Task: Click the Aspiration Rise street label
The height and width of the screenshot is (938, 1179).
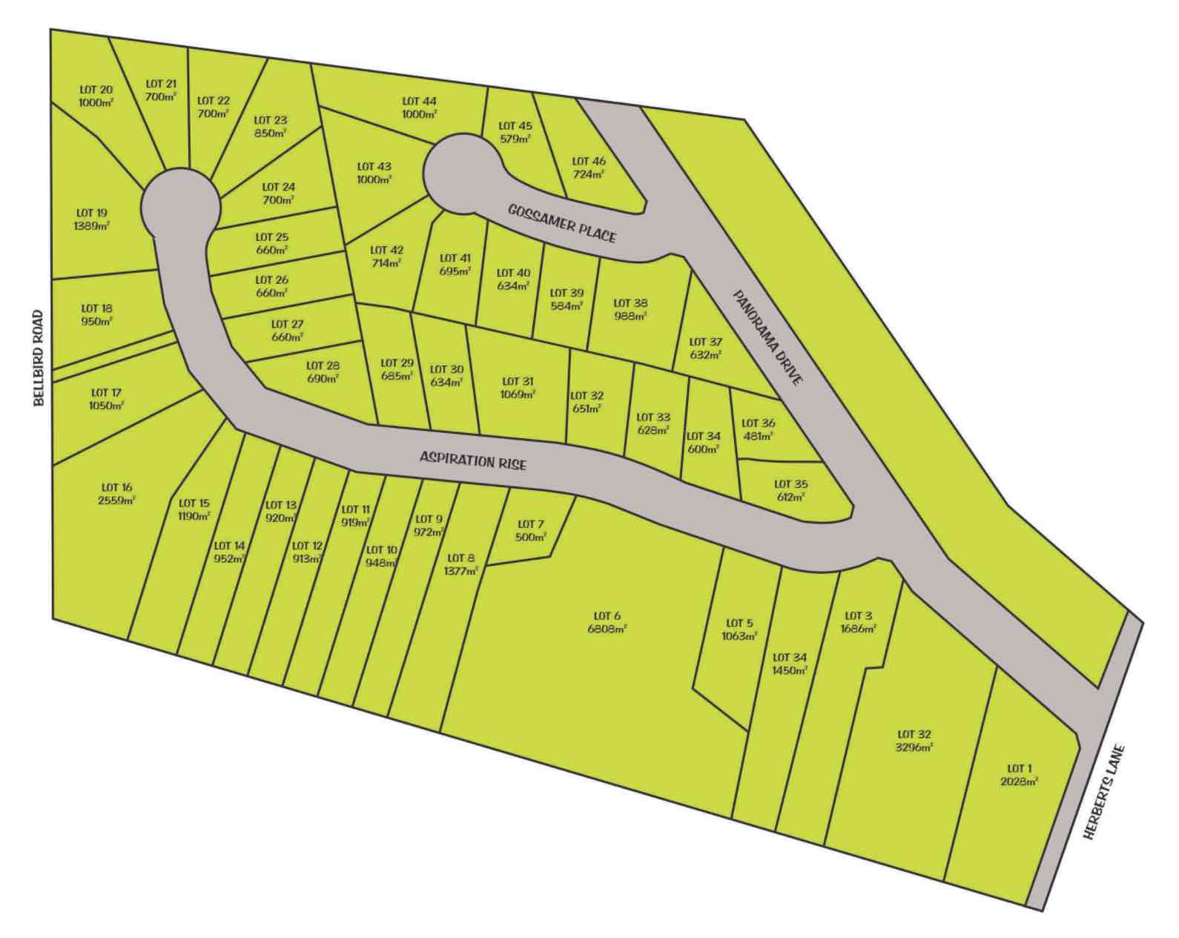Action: click(473, 460)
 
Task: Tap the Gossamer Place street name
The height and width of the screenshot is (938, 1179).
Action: click(562, 222)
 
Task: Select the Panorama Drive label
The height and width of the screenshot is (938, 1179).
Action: click(767, 337)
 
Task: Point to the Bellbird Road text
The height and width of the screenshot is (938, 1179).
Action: click(39, 358)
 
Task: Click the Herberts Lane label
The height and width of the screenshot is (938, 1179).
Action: click(1104, 793)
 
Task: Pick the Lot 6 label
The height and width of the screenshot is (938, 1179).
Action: click(607, 615)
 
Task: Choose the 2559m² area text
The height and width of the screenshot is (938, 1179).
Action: click(117, 501)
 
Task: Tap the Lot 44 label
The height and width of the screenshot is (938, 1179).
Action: click(420, 101)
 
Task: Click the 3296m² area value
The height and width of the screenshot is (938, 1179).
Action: click(914, 747)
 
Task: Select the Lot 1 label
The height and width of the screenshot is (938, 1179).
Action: click(1019, 768)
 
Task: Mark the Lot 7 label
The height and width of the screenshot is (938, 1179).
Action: click(531, 524)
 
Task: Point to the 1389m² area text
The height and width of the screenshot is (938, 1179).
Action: click(91, 226)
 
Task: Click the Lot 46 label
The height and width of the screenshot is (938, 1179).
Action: click(589, 161)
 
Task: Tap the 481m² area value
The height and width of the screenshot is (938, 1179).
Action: click(758, 436)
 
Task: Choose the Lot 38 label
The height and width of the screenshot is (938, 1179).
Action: click(630, 303)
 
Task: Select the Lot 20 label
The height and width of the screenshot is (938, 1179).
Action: click(96, 90)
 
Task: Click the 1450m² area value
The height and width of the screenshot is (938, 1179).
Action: click(789, 670)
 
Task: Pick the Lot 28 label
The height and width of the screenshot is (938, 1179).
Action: click(323, 365)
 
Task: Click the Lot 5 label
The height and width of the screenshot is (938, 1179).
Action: click(739, 623)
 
